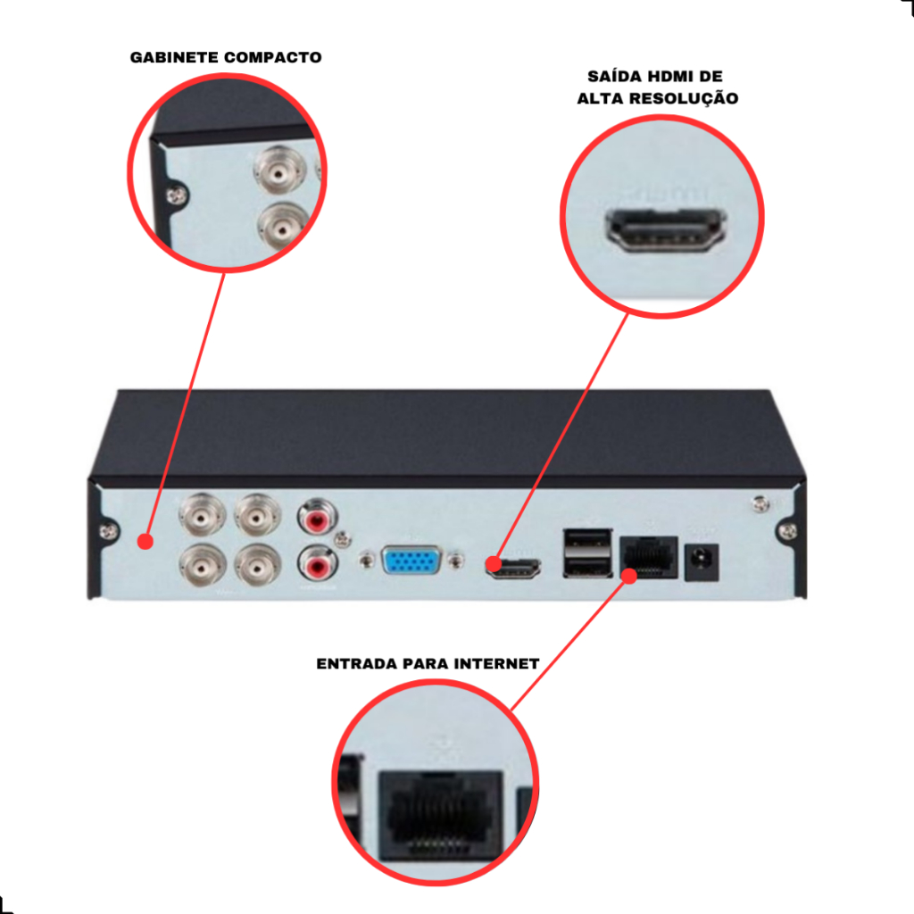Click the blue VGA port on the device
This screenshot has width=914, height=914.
click(x=411, y=560)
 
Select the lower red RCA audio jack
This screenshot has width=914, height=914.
click(x=317, y=564)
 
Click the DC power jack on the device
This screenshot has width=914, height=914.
click(x=701, y=562)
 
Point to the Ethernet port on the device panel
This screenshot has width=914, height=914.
click(x=648, y=557)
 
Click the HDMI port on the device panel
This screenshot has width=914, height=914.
click(x=513, y=569)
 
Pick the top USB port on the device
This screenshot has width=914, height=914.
click(x=587, y=540)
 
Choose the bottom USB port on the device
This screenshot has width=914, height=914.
click(x=587, y=566)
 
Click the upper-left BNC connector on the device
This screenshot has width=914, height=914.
click(x=202, y=515)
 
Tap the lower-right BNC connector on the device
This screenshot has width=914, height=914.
click(x=258, y=564)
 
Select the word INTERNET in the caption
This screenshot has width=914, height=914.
click(x=496, y=663)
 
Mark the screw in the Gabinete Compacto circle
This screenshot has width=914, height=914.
click(x=176, y=195)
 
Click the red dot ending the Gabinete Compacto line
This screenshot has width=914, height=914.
click(x=145, y=542)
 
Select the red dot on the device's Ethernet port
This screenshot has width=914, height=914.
click(x=629, y=576)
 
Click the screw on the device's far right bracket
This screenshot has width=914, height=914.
click(x=787, y=530)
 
